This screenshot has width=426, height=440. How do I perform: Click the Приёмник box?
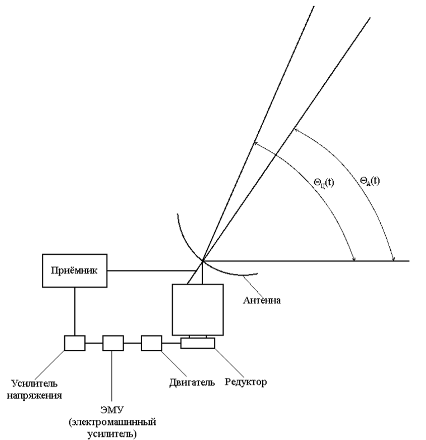pyautogui.click(x=74, y=270)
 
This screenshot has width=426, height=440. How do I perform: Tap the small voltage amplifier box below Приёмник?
pyautogui.click(x=75, y=343)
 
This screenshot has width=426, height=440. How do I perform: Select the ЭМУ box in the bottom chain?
pyautogui.click(x=113, y=343)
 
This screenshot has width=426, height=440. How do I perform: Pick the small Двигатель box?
pyautogui.click(x=152, y=343)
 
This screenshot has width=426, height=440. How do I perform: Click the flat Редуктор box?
pyautogui.click(x=197, y=343)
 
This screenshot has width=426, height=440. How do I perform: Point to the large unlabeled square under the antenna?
pyautogui.click(x=197, y=310)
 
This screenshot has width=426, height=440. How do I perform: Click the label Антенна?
pyautogui.click(x=262, y=300)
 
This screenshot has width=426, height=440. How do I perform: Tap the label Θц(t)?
pyautogui.click(x=324, y=183)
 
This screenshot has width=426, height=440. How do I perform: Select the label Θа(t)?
pyautogui.click(x=370, y=181)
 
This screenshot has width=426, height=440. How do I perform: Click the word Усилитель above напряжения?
pyautogui.click(x=34, y=383)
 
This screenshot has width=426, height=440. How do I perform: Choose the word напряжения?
pyautogui.click(x=34, y=395)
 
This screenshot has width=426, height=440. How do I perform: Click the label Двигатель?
pyautogui.click(x=192, y=382)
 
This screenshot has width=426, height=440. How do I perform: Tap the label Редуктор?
pyautogui.click(x=245, y=382)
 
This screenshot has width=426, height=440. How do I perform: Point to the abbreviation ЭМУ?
pyautogui.click(x=112, y=410)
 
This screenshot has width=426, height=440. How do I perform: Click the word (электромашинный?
pyautogui.click(x=112, y=422)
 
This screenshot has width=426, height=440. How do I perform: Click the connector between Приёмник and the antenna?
pyautogui.click(x=152, y=271)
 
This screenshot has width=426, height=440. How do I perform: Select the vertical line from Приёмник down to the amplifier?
pyautogui.click(x=75, y=311)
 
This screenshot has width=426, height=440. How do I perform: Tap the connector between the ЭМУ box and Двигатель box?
pyautogui.click(x=132, y=343)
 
